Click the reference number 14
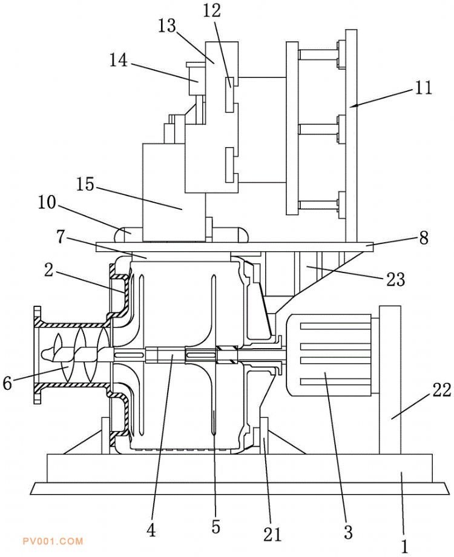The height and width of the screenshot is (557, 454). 118,60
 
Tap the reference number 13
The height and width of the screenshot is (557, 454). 167,26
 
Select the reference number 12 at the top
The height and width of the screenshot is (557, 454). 212,11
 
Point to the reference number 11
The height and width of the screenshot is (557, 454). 423,87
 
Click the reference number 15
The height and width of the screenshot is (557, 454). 85,184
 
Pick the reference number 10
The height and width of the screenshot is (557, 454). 47,202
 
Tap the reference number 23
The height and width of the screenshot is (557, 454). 396,279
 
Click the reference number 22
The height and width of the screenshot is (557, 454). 441,390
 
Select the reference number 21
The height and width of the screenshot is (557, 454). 272,534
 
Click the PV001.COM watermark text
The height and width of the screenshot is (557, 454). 53,541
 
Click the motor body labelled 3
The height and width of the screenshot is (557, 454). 329,355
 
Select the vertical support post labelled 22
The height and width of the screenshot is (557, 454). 390,380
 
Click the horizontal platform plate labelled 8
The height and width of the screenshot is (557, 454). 235,247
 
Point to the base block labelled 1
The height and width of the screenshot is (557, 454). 240,468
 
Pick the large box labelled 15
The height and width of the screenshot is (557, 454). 174,193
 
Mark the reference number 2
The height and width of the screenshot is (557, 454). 49,271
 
